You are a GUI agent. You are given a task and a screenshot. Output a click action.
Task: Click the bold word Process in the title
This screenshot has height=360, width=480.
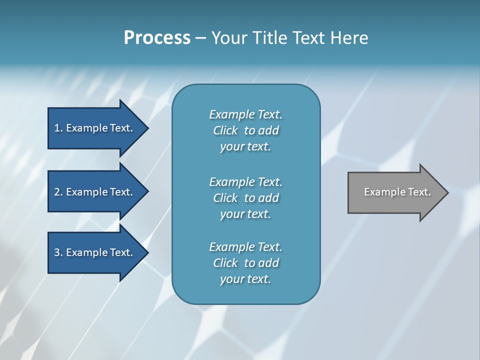157,38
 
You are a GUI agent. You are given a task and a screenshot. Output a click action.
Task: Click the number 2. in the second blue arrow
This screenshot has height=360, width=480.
58,192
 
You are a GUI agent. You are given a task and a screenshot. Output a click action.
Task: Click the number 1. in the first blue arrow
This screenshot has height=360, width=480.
58,128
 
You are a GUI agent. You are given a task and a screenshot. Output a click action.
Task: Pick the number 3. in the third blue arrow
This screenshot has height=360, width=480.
58,252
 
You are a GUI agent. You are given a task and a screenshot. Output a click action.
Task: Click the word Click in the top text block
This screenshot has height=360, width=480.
225,130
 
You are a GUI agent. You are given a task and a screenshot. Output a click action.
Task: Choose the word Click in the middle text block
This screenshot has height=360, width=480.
225,198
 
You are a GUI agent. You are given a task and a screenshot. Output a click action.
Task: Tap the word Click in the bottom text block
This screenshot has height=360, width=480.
225,263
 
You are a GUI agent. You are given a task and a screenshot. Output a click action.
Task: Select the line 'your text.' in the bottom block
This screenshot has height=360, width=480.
245,279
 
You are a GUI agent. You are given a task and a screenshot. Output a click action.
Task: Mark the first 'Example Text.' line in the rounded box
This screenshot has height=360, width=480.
245,114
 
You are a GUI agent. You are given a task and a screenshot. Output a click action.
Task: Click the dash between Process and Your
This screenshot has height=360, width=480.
201,38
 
